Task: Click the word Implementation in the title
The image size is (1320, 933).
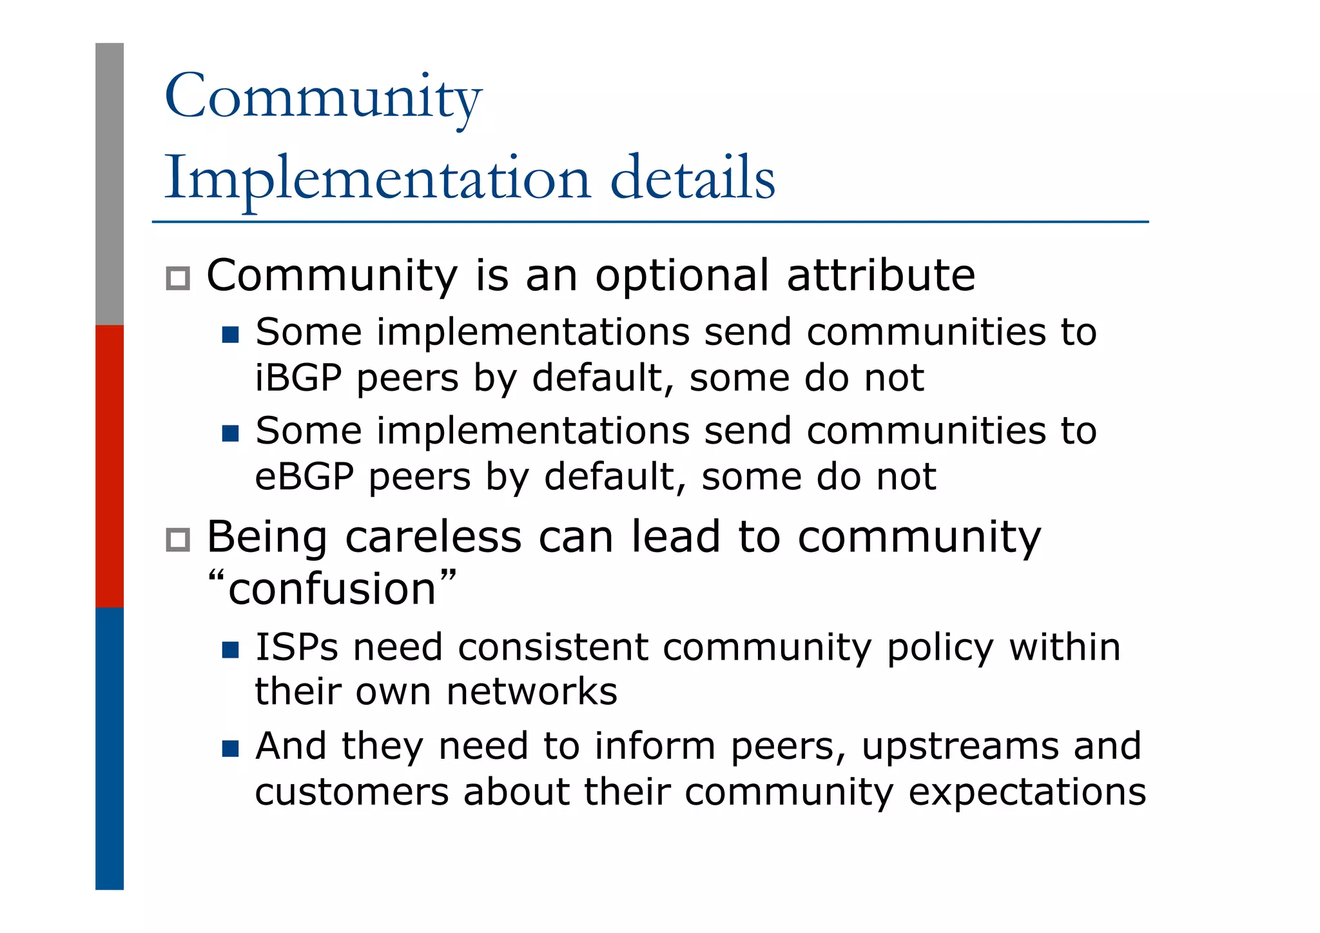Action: coord(378,178)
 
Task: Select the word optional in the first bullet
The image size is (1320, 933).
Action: coord(682,276)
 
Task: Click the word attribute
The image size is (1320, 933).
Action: coord(881,276)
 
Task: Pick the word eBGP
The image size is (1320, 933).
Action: coord(304,477)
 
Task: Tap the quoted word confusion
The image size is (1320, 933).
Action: coord(333,589)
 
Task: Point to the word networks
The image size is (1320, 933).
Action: coord(532,692)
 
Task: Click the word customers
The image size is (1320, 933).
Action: coord(351,792)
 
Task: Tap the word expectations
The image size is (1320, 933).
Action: coord(1027,792)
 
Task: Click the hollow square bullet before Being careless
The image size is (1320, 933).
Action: coord(178,540)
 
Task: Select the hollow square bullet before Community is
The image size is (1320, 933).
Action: coord(178,279)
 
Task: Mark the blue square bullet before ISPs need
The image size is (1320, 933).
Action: coord(230,649)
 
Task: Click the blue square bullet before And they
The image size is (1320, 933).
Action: coord(230,749)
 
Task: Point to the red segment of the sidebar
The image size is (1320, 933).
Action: coord(110,466)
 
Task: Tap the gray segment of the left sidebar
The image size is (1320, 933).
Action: coord(110,184)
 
